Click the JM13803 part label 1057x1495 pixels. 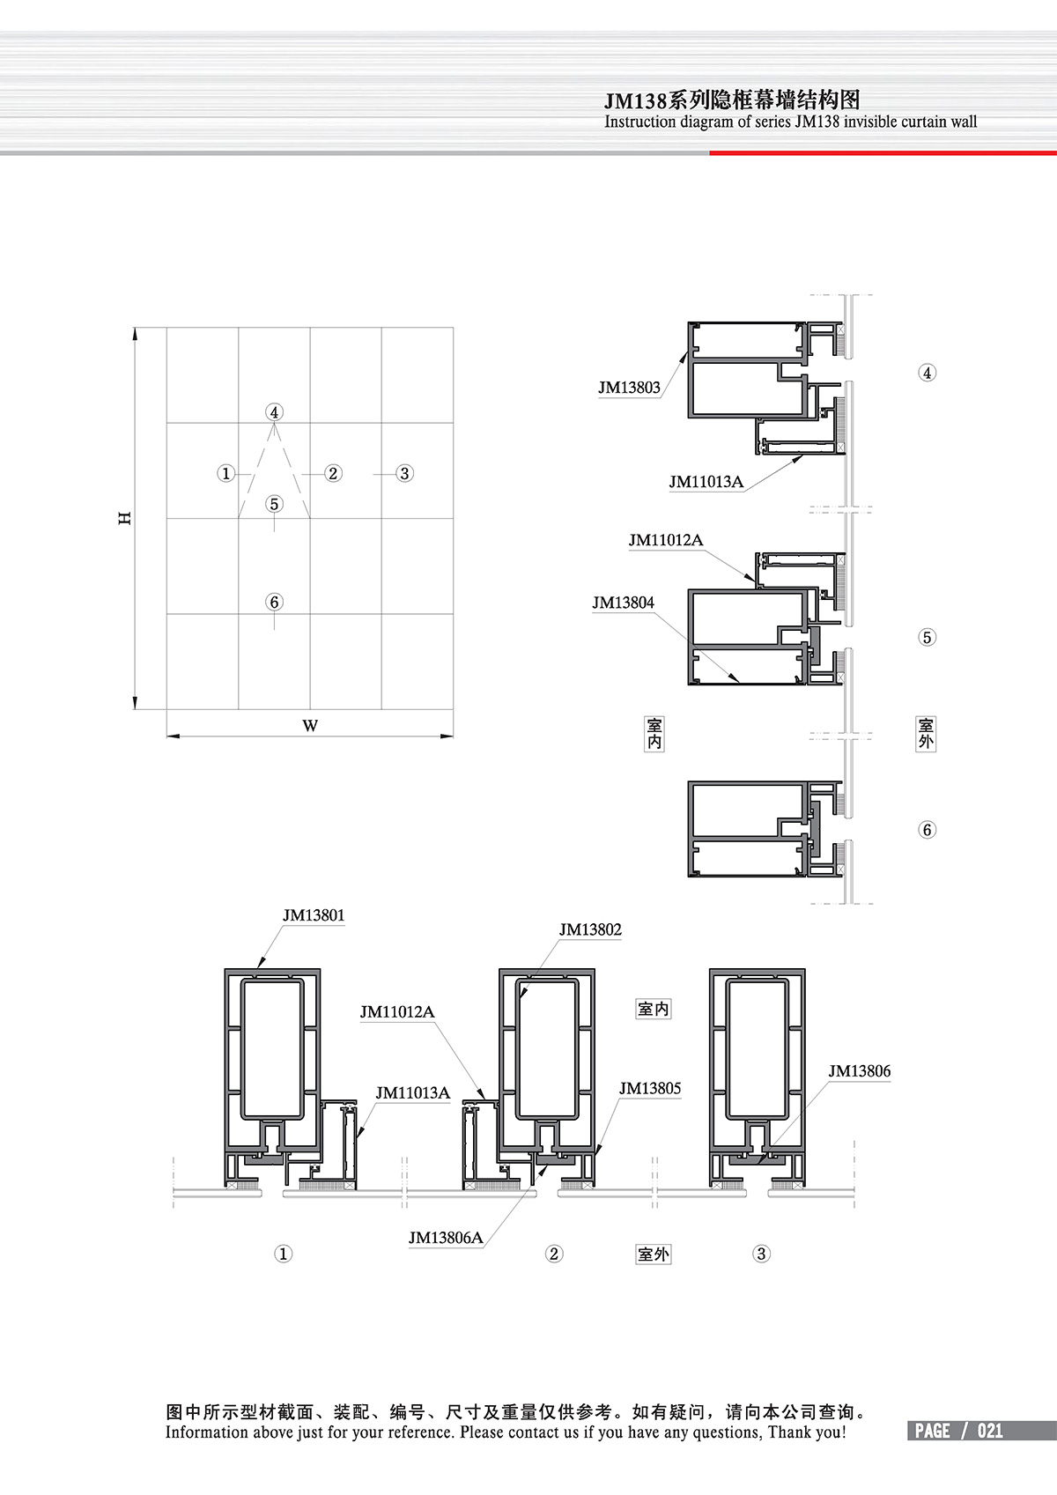point(629,388)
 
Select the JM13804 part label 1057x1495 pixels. point(624,603)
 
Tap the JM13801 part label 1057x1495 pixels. point(314,915)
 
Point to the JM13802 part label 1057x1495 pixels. point(590,929)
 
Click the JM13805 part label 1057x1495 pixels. point(650,1089)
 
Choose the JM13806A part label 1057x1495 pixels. point(446,1238)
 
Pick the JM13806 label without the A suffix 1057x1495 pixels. point(860,1071)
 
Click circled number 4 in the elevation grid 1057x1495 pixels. point(274,412)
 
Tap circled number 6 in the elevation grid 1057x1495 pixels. point(274,602)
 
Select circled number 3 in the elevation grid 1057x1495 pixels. point(404,474)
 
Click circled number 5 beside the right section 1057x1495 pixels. point(927,637)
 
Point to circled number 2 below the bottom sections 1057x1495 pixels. point(554,1254)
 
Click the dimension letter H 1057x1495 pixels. point(125,518)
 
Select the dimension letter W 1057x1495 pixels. point(310,725)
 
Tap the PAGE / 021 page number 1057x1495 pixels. point(958,1431)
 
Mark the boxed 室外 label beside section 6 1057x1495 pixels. point(926,734)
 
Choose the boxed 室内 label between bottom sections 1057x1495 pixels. point(654,1009)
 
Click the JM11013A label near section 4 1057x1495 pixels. point(706,482)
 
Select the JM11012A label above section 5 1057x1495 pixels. point(666,540)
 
